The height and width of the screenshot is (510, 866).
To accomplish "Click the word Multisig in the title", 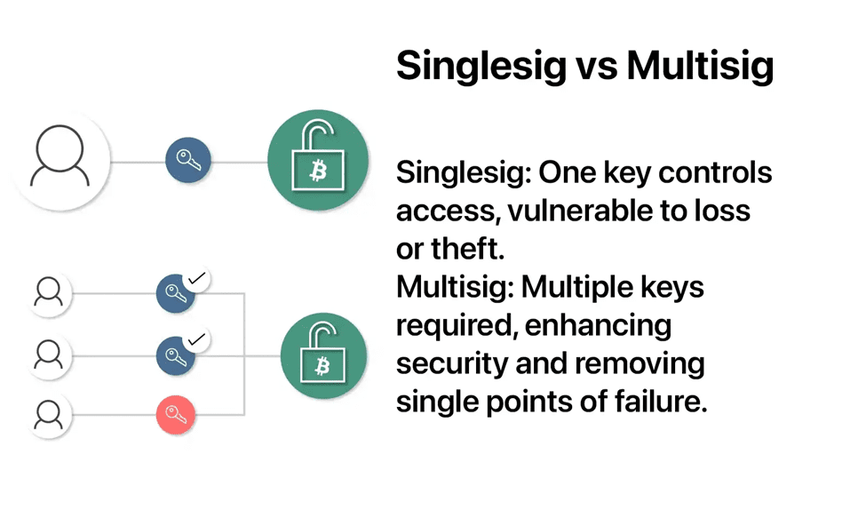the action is coord(700,66).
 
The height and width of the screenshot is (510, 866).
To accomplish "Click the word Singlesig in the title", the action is coord(481,66).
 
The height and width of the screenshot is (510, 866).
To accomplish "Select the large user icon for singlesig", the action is coord(60,161).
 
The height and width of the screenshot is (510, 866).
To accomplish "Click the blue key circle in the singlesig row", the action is coord(187,160).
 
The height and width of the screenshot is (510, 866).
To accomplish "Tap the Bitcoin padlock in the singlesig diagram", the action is coord(318,160).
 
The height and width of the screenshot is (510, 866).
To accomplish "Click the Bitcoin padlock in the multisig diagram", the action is coord(323,355).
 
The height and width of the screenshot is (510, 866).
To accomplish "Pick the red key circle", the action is coord(176,415).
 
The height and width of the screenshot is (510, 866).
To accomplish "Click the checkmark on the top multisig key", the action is coord(196,279).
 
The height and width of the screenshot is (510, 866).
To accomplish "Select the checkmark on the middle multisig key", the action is coord(196,339).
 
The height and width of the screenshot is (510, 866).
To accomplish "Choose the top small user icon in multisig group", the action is coord(49,293).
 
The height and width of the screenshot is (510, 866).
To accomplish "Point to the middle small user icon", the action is coord(49,355).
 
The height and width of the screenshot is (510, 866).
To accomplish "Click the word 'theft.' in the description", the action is coord(468,249).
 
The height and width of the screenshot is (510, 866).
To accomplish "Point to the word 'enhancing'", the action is coord(598,326).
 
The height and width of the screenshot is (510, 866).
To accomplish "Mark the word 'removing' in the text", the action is coord(640,364).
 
